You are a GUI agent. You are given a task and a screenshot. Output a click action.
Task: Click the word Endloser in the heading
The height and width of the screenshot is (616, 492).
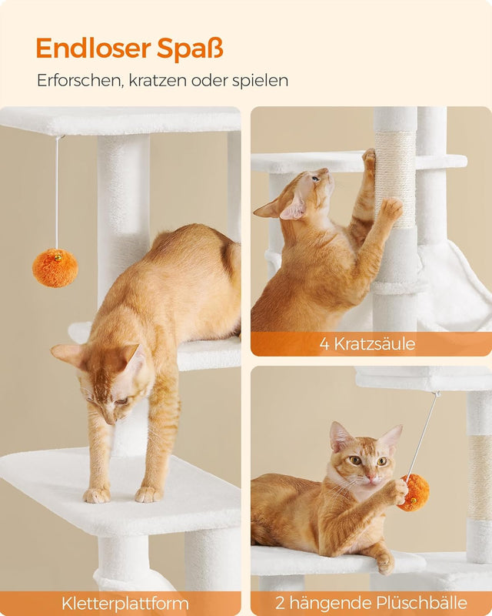click(93, 48)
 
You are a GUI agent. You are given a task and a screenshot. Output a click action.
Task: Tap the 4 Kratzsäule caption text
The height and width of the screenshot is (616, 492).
click(367, 343)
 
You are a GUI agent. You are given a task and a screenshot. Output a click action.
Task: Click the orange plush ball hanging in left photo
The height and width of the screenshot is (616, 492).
click(55, 268)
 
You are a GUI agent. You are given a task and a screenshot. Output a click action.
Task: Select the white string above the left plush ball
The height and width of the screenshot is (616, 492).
click(56, 192)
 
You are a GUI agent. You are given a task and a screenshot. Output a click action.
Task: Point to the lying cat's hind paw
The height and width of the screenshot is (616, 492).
click(384, 564)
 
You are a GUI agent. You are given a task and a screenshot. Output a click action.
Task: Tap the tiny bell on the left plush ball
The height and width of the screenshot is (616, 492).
click(55, 253)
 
